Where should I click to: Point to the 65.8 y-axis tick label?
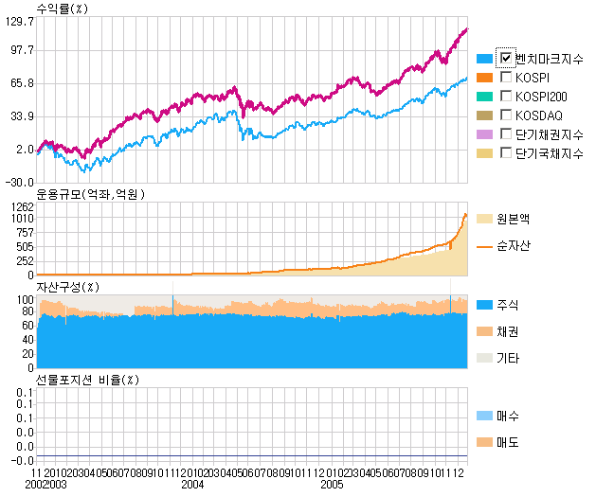(x=19, y=83)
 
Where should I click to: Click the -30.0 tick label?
(x=19, y=182)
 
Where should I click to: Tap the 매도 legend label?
(x=508, y=442)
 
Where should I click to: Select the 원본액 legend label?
(x=514, y=218)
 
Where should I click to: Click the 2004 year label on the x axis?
(x=193, y=485)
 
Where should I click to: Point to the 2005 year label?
(x=331, y=485)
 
